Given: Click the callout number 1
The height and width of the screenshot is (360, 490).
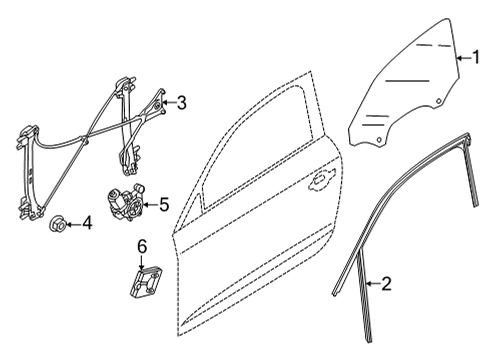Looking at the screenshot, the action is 476,57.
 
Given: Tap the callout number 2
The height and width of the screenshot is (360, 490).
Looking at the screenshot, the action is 386,284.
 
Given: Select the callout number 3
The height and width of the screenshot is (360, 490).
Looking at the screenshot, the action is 181,103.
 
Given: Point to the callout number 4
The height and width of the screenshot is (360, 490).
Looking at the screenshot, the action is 87,223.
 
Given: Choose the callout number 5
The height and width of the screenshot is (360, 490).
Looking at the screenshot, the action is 164,204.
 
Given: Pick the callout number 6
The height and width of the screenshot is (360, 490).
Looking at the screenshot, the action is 142,247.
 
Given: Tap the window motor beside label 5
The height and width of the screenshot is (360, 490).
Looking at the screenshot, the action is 125,202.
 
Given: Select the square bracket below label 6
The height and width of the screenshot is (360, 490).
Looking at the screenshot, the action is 146,281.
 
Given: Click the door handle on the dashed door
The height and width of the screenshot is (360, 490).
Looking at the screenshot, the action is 322,180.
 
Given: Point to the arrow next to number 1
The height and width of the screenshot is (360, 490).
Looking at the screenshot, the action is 463,58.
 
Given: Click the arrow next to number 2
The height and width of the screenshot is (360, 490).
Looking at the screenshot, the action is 373,284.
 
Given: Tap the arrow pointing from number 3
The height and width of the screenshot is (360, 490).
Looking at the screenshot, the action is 169,103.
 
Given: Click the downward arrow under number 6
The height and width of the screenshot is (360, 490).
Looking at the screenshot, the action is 142,262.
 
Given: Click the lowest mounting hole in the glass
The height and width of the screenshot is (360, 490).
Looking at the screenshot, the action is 379,140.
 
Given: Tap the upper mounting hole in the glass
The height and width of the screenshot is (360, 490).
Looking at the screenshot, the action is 439,101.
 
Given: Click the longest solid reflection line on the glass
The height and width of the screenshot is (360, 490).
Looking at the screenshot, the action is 407,81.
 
